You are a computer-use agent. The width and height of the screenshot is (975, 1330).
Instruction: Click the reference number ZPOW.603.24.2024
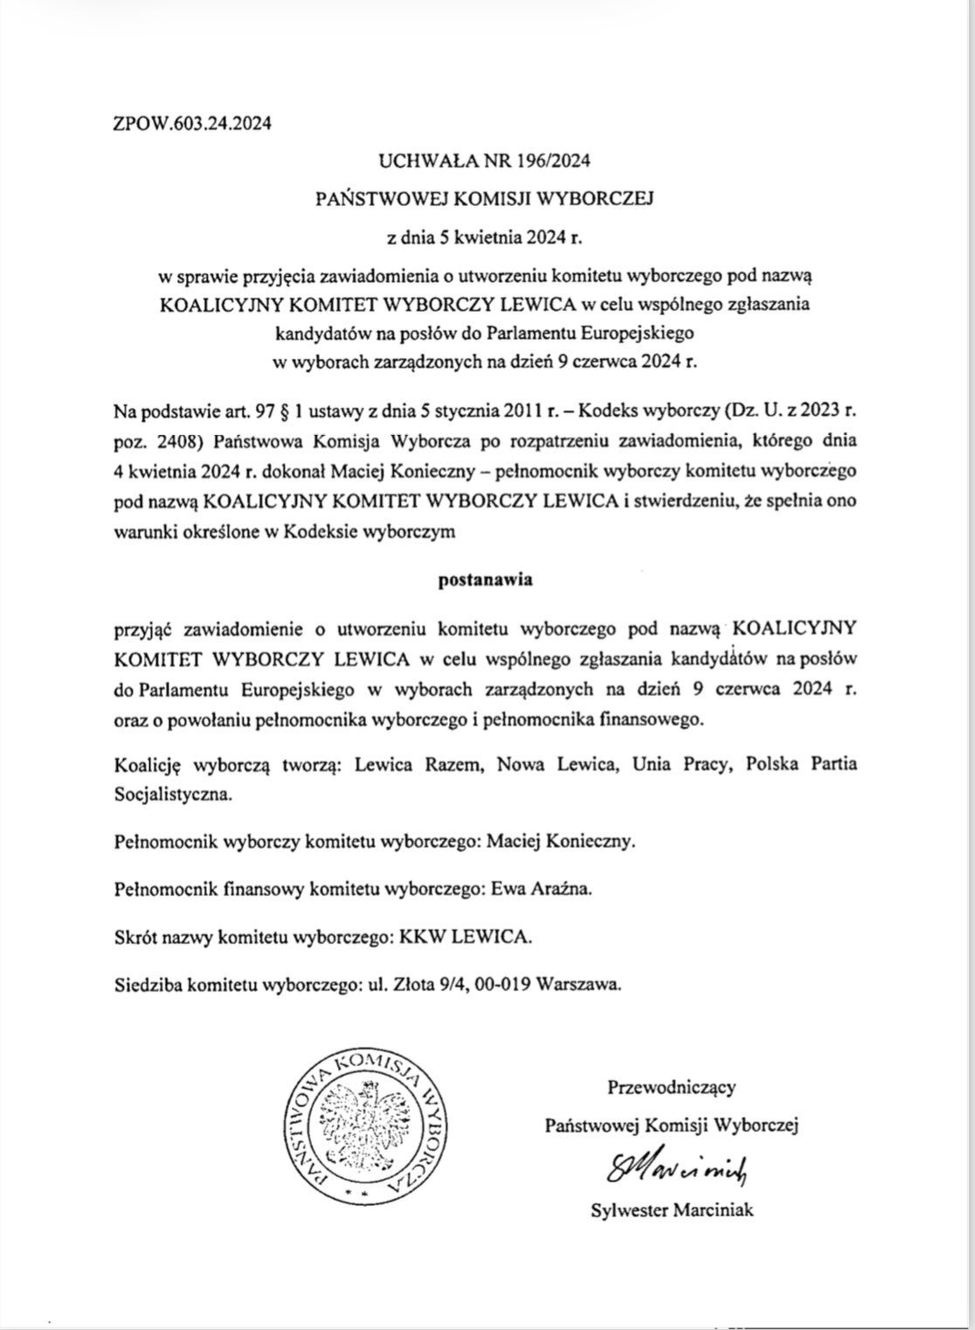tap(192, 123)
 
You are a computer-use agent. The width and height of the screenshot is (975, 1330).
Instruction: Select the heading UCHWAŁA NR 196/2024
tap(485, 160)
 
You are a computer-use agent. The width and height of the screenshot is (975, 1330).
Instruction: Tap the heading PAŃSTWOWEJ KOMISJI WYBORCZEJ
tap(485, 198)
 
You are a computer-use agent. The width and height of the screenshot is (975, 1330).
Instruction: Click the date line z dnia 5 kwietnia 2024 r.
tap(484, 237)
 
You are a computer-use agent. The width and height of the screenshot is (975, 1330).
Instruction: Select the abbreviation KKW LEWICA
tap(465, 937)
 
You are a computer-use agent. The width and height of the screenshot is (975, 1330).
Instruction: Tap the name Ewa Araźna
tap(542, 890)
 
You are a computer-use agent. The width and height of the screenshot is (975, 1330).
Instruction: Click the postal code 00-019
tap(505, 983)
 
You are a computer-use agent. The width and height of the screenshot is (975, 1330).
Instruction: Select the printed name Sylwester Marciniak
tap(671, 1209)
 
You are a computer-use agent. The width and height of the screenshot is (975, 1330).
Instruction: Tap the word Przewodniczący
tap(671, 1087)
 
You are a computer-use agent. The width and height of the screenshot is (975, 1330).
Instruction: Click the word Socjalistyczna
tap(173, 796)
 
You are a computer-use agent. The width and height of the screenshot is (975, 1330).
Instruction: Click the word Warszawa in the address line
tap(581, 983)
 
